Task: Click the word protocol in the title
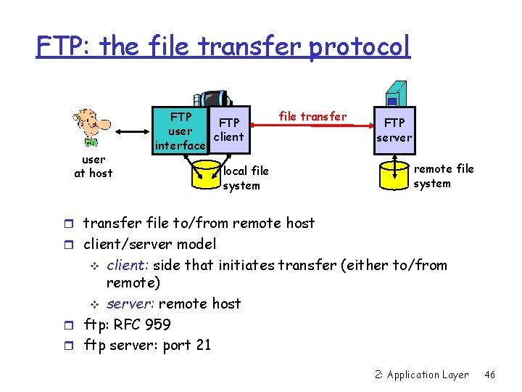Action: (360, 47)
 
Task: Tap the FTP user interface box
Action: (180, 131)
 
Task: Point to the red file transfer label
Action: (312, 116)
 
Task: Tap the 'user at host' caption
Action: (94, 166)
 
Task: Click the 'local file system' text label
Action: (246, 178)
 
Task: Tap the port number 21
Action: (202, 345)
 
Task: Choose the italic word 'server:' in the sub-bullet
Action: (130, 303)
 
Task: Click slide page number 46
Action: (490, 375)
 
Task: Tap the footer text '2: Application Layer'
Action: (422, 375)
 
